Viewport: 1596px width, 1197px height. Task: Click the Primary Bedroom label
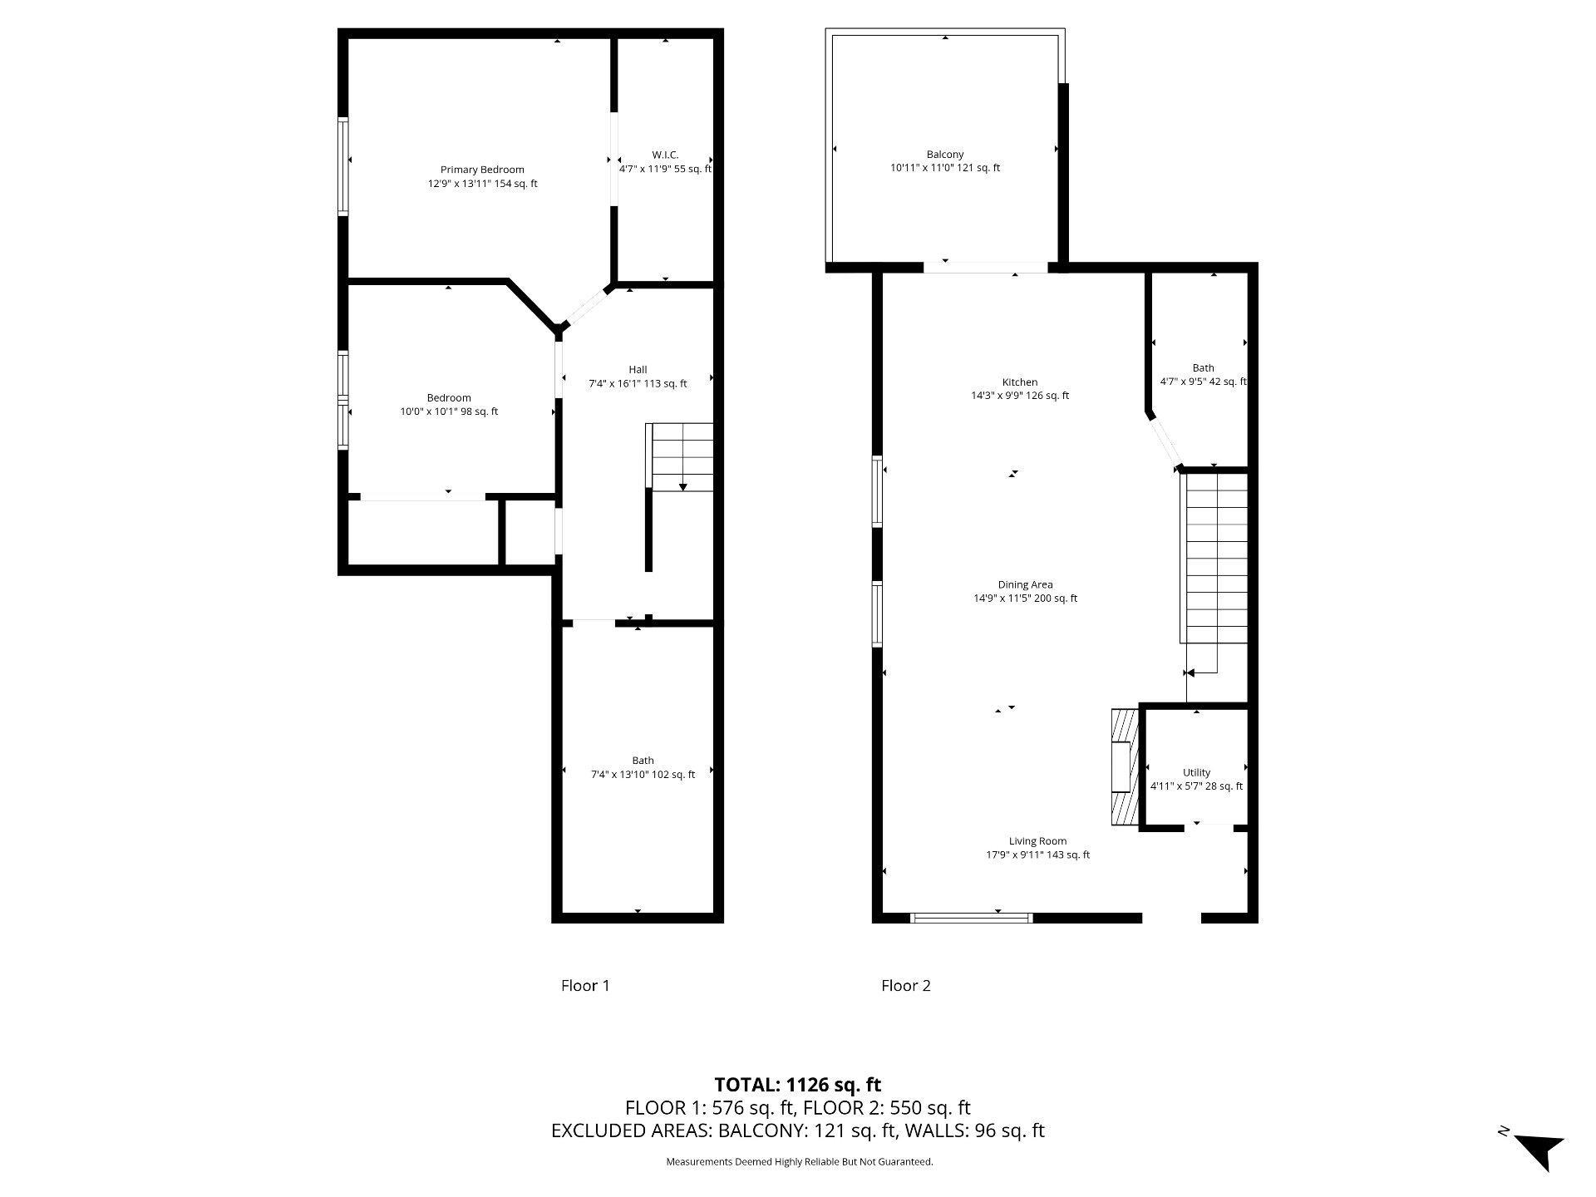(482, 170)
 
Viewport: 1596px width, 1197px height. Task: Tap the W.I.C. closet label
(665, 155)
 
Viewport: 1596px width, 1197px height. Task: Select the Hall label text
(638, 370)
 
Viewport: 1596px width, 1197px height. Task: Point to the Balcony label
(945, 155)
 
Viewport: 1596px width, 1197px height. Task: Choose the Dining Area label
(1025, 584)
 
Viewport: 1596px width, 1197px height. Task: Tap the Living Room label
(1037, 841)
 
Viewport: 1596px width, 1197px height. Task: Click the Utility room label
(1196, 772)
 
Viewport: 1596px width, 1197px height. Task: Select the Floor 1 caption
(585, 986)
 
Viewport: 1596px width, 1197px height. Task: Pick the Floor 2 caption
(906, 986)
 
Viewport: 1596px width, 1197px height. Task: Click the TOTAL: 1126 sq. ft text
(798, 1084)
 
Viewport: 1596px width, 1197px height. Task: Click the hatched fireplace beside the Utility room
(1124, 766)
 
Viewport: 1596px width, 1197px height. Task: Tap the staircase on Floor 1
(680, 456)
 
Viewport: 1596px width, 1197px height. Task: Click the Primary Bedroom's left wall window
(342, 167)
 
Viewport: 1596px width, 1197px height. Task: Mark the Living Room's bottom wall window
(972, 918)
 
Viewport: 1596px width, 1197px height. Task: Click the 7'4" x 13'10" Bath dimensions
(643, 775)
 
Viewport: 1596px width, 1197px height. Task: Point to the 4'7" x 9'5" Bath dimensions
(1203, 382)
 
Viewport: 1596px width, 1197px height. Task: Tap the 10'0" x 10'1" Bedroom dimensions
(449, 411)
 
